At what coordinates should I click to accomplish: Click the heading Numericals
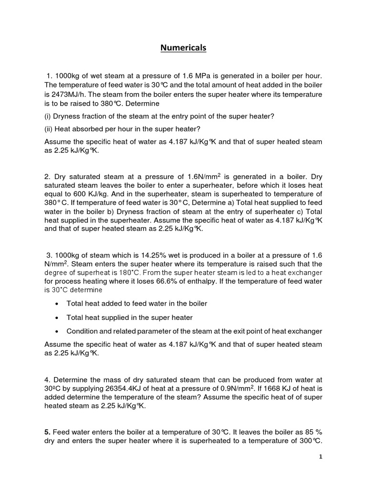[x=183, y=48]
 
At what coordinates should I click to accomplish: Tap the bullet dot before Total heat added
[x=57, y=303]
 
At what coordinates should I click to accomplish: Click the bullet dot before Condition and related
[x=57, y=331]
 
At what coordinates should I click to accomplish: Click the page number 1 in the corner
[x=321, y=457]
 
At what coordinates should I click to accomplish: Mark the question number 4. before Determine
[x=47, y=379]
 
